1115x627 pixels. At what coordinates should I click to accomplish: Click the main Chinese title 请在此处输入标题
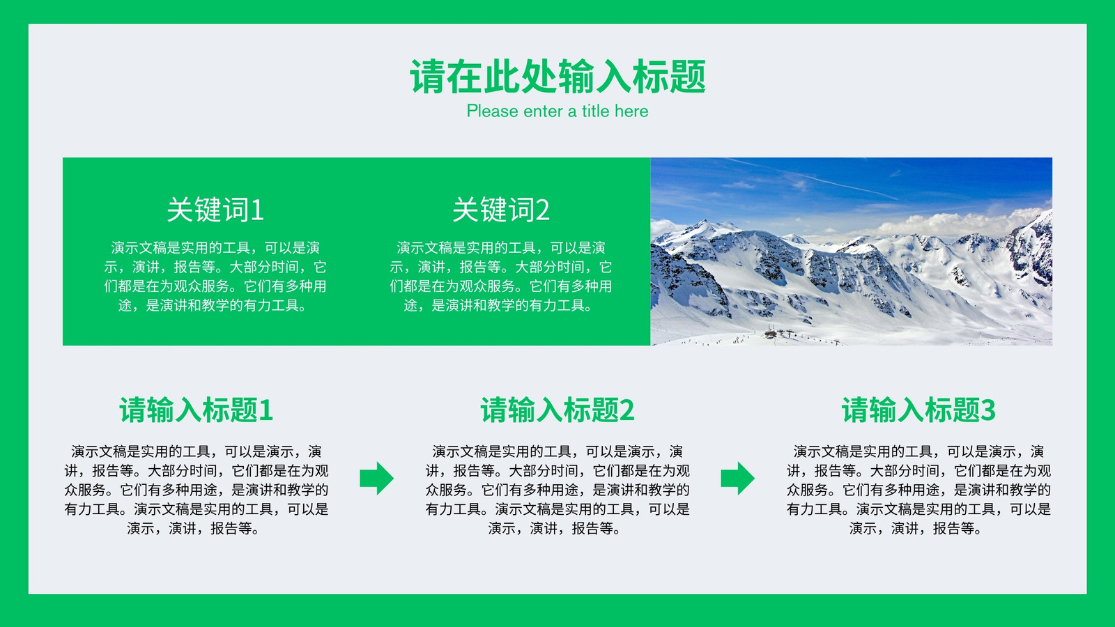coord(557,76)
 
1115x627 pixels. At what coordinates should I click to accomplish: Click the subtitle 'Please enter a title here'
coord(557,111)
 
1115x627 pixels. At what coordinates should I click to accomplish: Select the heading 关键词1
coord(215,210)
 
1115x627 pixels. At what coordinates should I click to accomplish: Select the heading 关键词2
coord(501,210)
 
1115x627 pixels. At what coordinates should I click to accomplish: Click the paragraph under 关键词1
coord(215,276)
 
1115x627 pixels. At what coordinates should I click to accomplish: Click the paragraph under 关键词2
coord(501,276)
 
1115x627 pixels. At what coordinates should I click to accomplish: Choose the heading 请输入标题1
coord(196,410)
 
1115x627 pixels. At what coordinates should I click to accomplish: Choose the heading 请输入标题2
coord(557,410)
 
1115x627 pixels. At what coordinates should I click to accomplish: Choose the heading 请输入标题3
coord(918,410)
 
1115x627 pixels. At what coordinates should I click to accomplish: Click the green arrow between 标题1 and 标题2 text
coord(377,478)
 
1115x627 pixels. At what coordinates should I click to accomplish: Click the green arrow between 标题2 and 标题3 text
coord(738,478)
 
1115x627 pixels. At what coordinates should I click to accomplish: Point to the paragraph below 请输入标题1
coord(196,490)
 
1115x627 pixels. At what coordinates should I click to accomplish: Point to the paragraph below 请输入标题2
coord(557,490)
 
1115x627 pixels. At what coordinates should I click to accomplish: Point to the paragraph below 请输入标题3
coord(918,490)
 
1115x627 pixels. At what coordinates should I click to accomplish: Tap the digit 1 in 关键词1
coord(257,210)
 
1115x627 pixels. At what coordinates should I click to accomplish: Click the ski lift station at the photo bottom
coord(771,333)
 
